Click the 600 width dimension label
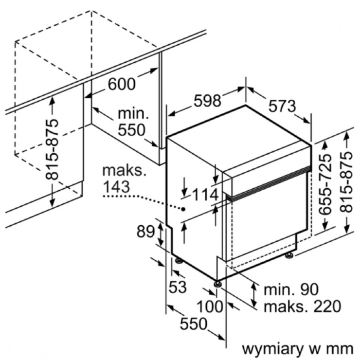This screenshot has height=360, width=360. tap(122, 84)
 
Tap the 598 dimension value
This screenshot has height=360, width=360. tap(207, 101)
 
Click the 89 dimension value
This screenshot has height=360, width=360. tap(145, 232)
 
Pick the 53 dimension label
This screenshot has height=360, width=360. tap(178, 287)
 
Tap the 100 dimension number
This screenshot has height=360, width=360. tap(210, 306)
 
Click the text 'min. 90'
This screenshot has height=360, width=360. tap(291, 290)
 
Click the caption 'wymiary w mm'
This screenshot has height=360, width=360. tap(297, 348)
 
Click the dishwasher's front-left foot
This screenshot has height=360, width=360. tap(217, 283)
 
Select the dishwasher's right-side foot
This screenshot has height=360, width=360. tap(289, 254)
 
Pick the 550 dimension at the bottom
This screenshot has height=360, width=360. tap(194, 324)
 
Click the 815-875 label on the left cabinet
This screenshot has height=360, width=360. tap(52, 148)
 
